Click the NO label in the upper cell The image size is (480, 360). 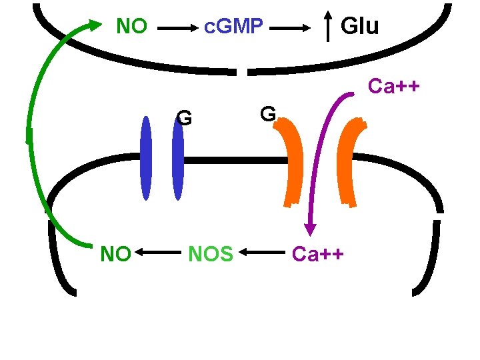click(131, 27)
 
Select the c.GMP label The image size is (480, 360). click(234, 27)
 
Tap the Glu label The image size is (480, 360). click(359, 27)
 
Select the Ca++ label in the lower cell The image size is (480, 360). click(318, 254)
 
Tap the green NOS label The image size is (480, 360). click(211, 254)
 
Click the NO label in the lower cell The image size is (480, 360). click(115, 254)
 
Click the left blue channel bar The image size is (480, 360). click(146, 159)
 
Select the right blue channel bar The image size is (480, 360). click(177, 159)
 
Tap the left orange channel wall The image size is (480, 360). click(293, 160)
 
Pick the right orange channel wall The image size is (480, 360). click(351, 160)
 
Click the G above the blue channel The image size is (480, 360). click(185, 119)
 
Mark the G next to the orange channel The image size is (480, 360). click(267, 114)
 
